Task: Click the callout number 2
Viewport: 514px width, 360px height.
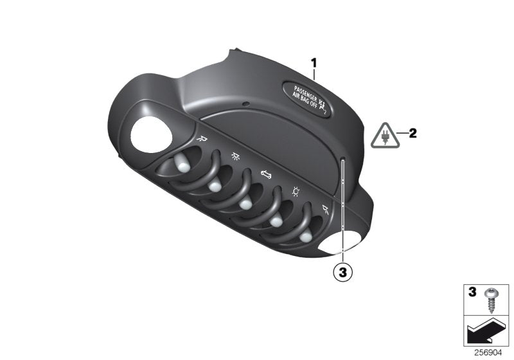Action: tap(412, 134)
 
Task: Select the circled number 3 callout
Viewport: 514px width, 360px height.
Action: tap(343, 273)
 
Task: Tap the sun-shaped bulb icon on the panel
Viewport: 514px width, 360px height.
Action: tap(297, 191)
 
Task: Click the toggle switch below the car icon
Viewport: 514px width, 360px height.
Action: tap(245, 204)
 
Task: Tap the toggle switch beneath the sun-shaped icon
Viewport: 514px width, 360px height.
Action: tap(276, 222)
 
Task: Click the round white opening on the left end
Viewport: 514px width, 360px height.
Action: tap(150, 135)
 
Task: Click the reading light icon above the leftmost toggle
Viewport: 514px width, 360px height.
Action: tap(203, 137)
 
